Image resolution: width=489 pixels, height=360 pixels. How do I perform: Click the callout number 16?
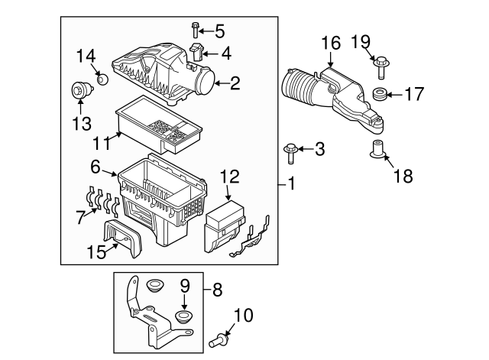(x=329, y=44)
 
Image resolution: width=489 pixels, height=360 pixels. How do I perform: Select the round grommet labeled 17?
(x=377, y=95)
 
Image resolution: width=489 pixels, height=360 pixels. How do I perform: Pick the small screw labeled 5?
(x=196, y=31)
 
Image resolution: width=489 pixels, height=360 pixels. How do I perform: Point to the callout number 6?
(x=96, y=166)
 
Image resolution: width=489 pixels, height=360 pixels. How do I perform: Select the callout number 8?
(x=217, y=290)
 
